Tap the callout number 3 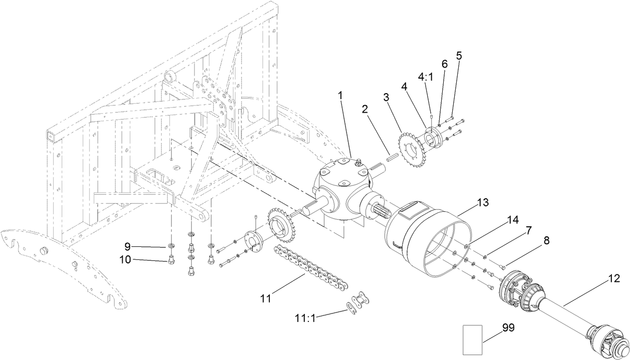click(387, 97)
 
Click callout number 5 click(459, 55)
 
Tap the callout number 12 click(613, 278)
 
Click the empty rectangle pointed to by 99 click(472, 339)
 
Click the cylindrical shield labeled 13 click(426, 240)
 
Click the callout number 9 click(128, 246)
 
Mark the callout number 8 click(546, 240)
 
